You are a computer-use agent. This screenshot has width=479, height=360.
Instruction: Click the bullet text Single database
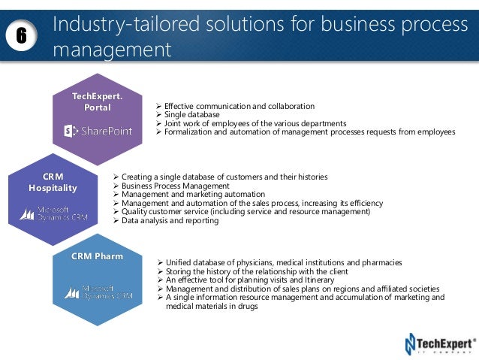click(x=194, y=114)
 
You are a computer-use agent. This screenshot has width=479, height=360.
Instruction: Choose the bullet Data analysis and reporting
click(x=170, y=221)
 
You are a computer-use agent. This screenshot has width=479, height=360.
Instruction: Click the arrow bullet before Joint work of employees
click(x=158, y=123)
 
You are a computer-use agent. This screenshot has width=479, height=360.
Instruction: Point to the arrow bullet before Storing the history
click(x=159, y=271)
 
